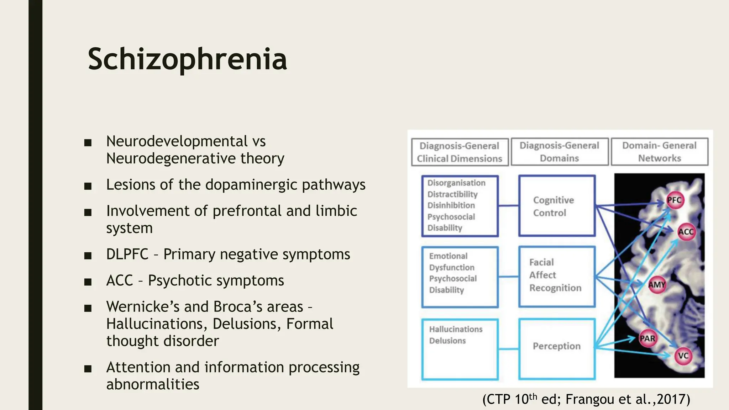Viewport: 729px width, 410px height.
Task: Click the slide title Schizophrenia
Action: click(x=187, y=59)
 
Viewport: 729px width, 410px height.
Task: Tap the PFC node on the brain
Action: click(x=674, y=200)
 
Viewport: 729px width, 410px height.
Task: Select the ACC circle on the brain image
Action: click(x=686, y=232)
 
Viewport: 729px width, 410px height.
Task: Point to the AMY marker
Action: click(x=657, y=285)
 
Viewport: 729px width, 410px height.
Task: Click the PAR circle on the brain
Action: click(x=647, y=338)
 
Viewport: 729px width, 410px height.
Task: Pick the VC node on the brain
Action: click(x=683, y=356)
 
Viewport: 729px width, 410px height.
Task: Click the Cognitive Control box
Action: click(x=557, y=206)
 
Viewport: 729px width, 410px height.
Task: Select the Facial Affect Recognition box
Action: click(x=557, y=276)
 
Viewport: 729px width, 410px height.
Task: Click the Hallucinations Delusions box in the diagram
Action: click(x=460, y=349)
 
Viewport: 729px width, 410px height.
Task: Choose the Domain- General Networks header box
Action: click(x=659, y=152)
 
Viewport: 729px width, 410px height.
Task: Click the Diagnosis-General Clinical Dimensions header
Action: click(x=460, y=152)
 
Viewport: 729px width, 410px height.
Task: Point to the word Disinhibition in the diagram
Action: click(x=451, y=205)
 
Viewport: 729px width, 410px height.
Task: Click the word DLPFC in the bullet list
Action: click(x=127, y=254)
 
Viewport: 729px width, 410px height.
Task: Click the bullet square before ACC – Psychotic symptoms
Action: click(x=88, y=282)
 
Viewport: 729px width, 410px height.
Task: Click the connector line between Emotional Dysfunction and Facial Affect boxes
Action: click(x=508, y=277)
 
